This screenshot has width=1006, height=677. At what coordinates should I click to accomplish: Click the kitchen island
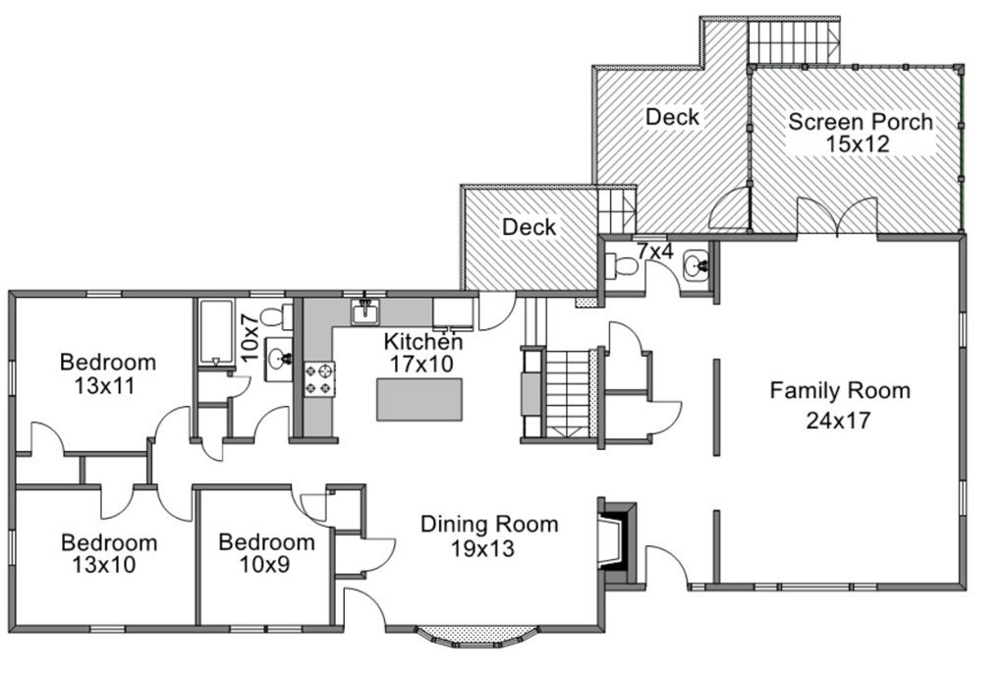pyautogui.click(x=419, y=399)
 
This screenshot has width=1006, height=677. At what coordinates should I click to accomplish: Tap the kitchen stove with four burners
pyautogui.click(x=319, y=378)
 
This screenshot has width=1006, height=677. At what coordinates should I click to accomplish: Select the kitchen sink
pyautogui.click(x=365, y=311)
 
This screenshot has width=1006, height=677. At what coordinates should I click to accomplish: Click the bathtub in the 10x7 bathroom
pyautogui.click(x=215, y=332)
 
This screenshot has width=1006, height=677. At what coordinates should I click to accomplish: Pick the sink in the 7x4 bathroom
pyautogui.click(x=696, y=265)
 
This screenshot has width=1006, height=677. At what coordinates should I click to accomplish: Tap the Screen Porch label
pyautogui.click(x=860, y=121)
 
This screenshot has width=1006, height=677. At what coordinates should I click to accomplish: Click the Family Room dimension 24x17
pyautogui.click(x=839, y=421)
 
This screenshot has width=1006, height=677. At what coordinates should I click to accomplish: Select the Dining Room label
pyautogui.click(x=489, y=525)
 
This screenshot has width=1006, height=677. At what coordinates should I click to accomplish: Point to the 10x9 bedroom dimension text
pyautogui.click(x=264, y=565)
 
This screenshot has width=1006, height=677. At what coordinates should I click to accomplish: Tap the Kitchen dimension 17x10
pyautogui.click(x=421, y=364)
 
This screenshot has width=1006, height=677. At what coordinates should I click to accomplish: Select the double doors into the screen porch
pyautogui.click(x=837, y=217)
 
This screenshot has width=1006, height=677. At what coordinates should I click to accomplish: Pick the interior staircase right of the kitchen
pyautogui.click(x=567, y=393)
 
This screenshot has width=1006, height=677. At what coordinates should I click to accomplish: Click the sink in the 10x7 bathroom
pyautogui.click(x=280, y=360)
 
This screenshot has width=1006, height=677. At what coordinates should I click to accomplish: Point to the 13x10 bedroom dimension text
pyautogui.click(x=104, y=565)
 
